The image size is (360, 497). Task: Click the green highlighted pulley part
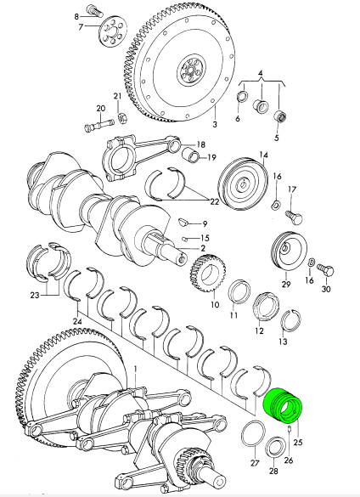(283, 406)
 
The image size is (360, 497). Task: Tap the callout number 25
(298, 442)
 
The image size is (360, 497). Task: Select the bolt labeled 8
(95, 11)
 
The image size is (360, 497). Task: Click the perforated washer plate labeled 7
(113, 31)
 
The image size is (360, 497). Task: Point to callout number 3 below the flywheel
(215, 124)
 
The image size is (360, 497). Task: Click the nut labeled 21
(121, 118)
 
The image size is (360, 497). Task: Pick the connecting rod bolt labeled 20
(99, 125)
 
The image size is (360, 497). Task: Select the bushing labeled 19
(190, 155)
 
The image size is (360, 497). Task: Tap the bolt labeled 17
(294, 217)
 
